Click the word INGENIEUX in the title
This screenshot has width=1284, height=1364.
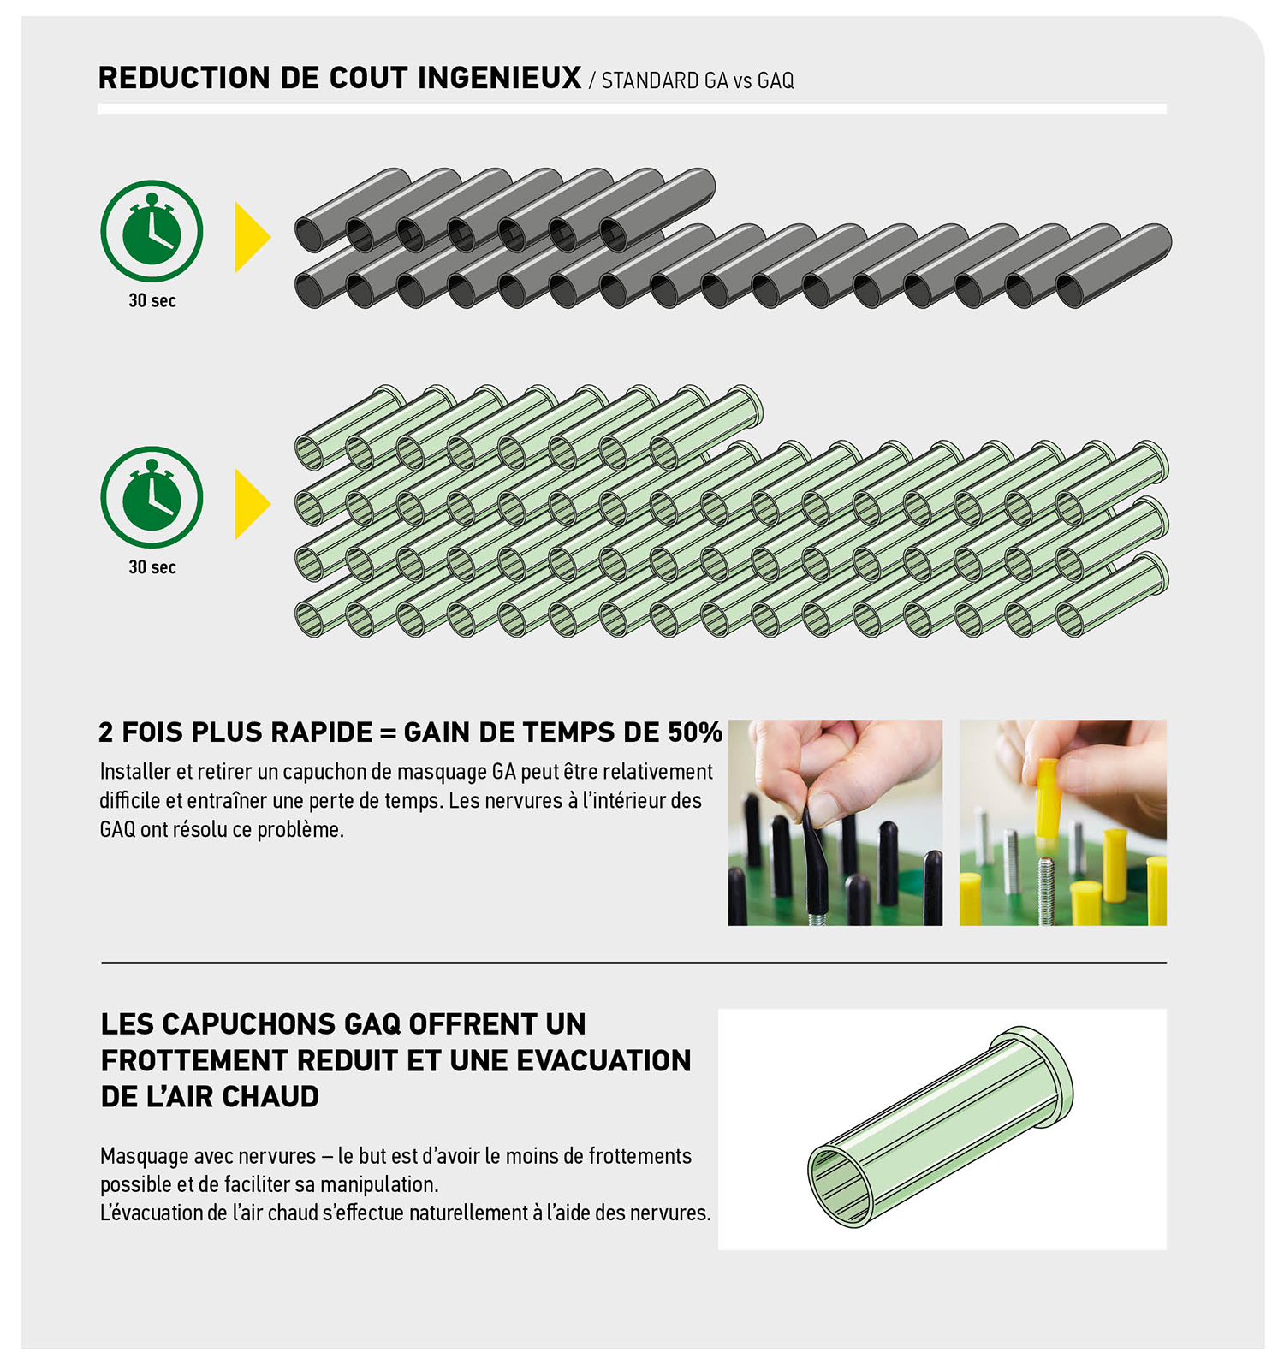click(500, 78)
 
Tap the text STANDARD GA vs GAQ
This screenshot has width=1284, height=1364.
click(698, 80)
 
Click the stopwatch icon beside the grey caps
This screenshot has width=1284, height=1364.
click(152, 231)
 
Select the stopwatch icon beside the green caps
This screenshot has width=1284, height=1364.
click(152, 497)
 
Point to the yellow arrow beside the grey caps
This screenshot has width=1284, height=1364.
click(253, 238)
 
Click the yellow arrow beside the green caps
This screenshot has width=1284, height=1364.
click(253, 504)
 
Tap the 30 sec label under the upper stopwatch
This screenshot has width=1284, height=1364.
click(152, 300)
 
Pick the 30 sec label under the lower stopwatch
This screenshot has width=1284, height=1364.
click(152, 566)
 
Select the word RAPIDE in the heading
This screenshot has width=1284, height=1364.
click(322, 732)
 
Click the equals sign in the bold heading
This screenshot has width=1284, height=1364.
click(389, 733)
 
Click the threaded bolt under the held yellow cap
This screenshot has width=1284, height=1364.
click(1046, 890)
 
